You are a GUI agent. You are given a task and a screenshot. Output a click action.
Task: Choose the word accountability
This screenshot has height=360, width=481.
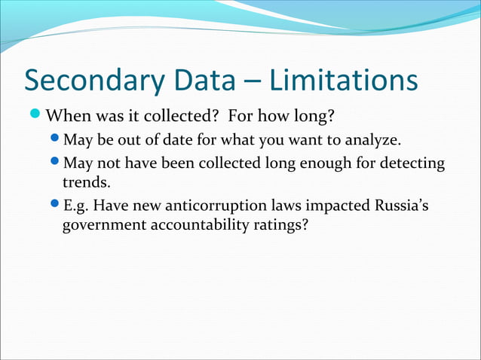point(198,224)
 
